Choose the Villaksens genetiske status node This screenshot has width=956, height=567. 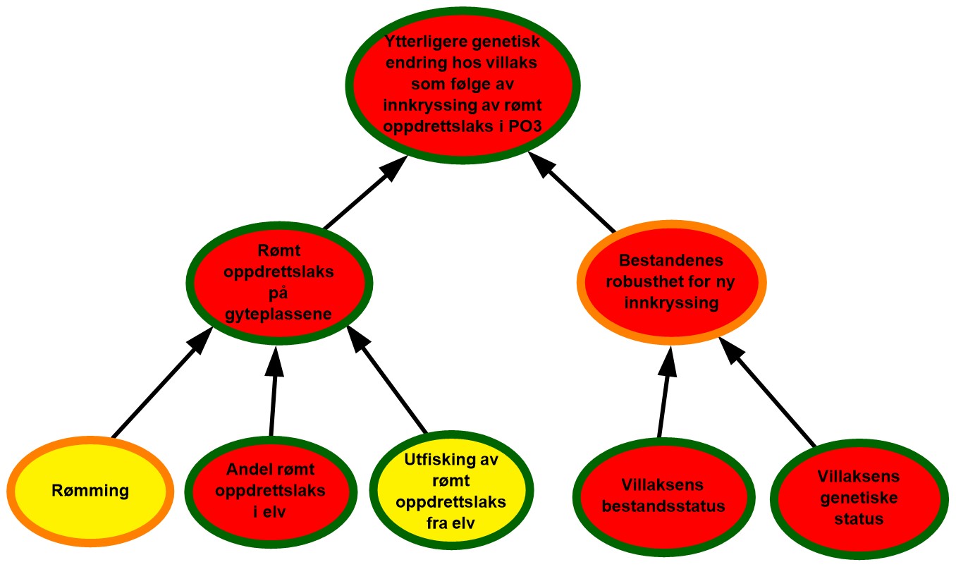point(853,497)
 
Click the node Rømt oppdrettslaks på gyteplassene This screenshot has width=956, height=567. point(281,284)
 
